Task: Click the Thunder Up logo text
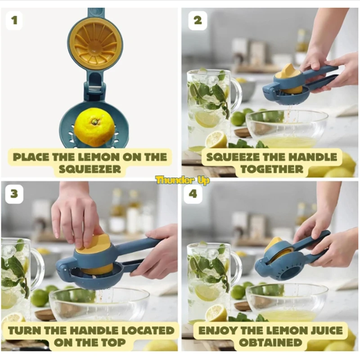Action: (182, 180)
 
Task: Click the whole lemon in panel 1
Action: (94, 127)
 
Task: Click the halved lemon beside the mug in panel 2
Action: (216, 139)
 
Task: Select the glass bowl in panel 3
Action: (99, 304)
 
